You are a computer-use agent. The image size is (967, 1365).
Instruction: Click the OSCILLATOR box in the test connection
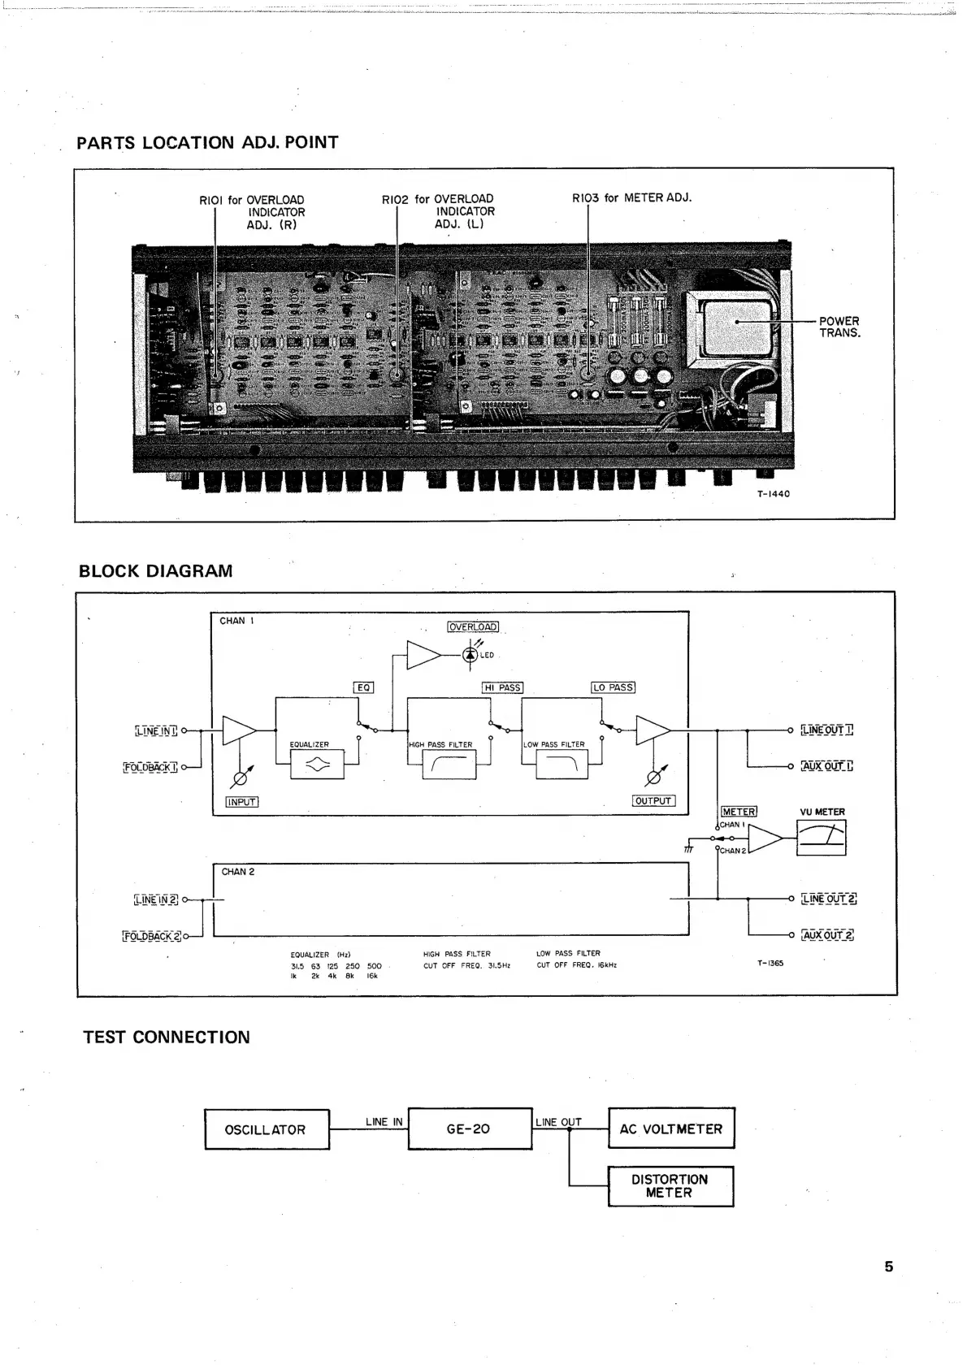(267, 1129)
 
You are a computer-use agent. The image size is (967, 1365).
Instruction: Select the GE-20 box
(469, 1129)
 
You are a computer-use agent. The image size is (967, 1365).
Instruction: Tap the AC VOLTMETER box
(670, 1129)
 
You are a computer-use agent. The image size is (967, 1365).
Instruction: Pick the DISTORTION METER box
(670, 1186)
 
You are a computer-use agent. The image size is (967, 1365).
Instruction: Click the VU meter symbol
(821, 838)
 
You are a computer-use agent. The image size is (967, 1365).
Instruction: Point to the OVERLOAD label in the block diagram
(473, 626)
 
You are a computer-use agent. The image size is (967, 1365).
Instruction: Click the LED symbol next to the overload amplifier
(470, 655)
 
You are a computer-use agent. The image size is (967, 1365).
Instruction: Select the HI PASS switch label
(502, 687)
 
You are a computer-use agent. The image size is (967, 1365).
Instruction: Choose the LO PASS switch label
(613, 687)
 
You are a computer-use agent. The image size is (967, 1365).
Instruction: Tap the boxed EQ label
(363, 687)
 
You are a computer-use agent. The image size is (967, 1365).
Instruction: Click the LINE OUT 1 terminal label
(826, 730)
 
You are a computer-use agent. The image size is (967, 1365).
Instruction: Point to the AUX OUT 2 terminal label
(827, 935)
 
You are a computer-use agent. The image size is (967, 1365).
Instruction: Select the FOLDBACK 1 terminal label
(150, 766)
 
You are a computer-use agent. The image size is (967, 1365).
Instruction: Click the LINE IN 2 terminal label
(155, 899)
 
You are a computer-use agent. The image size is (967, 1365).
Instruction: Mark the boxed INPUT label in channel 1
(241, 802)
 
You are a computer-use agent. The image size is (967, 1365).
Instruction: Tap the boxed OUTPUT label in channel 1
(653, 801)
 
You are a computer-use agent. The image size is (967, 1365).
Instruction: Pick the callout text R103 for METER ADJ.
(631, 197)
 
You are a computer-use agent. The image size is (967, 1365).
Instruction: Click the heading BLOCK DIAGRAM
(155, 571)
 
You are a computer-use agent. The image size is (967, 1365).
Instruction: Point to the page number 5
(888, 1266)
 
